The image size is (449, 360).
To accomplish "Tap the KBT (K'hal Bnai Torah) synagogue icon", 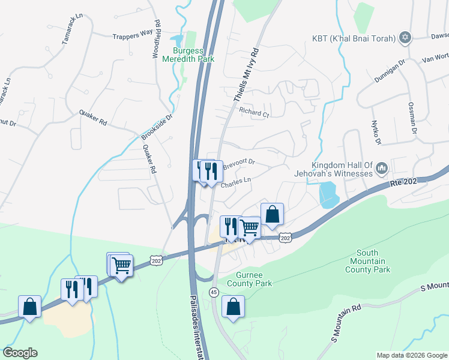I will click(x=405, y=38).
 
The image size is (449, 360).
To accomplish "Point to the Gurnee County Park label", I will click(x=250, y=280).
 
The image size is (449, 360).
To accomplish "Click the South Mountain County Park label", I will click(x=367, y=261).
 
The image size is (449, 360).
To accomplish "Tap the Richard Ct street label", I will click(x=253, y=112).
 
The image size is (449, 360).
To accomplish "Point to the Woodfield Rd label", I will click(x=157, y=40).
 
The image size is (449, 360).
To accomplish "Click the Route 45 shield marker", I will click(x=213, y=292).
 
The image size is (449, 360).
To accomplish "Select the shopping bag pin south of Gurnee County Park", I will click(x=234, y=307).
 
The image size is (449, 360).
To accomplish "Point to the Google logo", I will click(x=20, y=353).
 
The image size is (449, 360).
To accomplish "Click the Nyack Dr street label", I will click(x=376, y=132).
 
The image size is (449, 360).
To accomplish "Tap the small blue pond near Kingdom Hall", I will click(x=327, y=196).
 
